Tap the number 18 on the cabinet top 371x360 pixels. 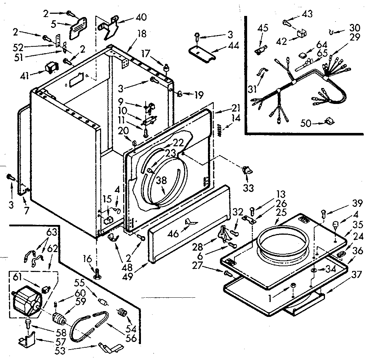142,34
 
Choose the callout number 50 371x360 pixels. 307,123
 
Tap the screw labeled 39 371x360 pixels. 324,214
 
